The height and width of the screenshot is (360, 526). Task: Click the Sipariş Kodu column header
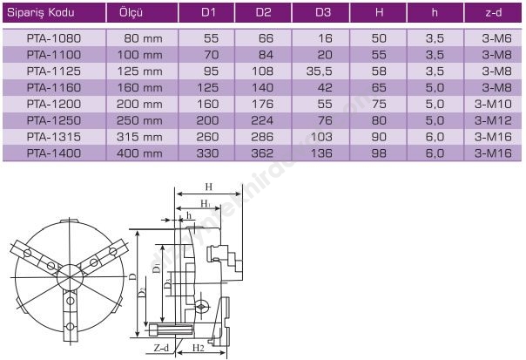(x=41, y=13)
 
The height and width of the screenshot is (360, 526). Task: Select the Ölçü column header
(x=131, y=13)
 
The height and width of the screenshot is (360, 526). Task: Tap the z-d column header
(x=494, y=13)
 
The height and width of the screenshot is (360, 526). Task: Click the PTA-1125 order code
(x=54, y=71)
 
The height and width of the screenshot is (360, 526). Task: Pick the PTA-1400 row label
(x=54, y=153)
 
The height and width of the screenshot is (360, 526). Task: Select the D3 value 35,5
(x=319, y=71)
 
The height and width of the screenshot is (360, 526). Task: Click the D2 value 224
(x=262, y=120)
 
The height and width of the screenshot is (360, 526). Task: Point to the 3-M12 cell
(x=493, y=120)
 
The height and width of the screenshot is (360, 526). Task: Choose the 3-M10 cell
(x=493, y=104)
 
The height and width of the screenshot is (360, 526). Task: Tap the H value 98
(x=379, y=153)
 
